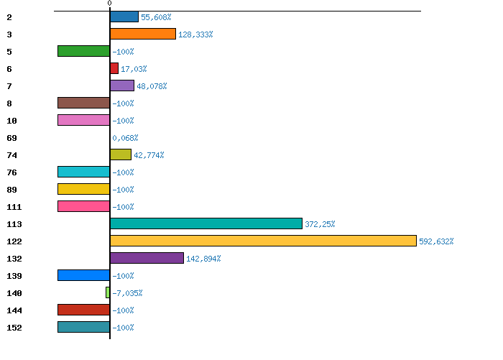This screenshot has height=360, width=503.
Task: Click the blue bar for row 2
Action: tap(124, 17)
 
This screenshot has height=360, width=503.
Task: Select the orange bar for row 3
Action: tap(143, 34)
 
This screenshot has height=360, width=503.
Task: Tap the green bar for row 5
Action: tap(84, 51)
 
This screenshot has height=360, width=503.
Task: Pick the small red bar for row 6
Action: tap(114, 68)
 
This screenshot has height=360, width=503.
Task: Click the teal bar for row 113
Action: tap(206, 223)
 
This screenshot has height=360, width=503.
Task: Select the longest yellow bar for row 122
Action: tap(263, 241)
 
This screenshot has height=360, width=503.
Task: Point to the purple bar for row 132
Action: tap(147, 258)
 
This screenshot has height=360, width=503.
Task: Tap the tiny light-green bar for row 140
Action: tap(108, 292)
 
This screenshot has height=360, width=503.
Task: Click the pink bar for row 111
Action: tap(84, 206)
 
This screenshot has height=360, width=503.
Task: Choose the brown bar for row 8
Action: tap(84, 103)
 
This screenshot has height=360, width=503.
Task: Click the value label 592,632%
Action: tap(436, 241)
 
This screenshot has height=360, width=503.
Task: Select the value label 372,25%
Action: tap(320, 224)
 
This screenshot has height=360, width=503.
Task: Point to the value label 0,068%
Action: tap(125, 138)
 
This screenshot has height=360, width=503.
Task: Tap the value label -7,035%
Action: tap(127, 293)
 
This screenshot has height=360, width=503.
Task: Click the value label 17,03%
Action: tap(134, 69)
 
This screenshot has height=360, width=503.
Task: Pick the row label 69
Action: tap(12, 138)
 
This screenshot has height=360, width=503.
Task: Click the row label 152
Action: tap(14, 328)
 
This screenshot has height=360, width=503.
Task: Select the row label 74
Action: tap(12, 155)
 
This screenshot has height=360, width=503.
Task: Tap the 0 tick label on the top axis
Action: tap(110, 3)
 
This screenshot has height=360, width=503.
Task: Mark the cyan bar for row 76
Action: tap(84, 172)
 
